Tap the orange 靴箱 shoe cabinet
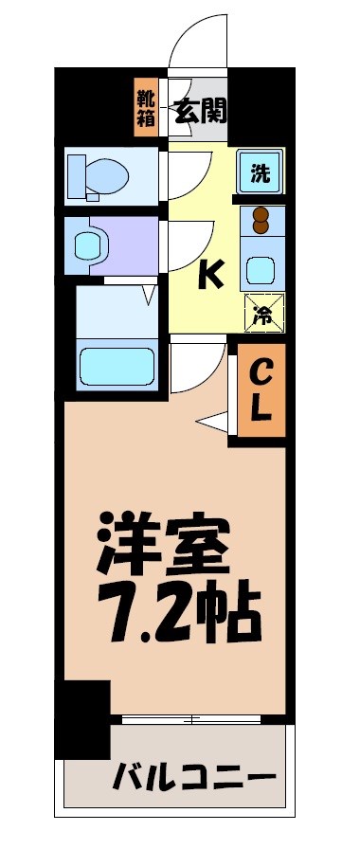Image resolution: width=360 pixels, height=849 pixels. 147,109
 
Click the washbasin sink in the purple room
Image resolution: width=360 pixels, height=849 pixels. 89,245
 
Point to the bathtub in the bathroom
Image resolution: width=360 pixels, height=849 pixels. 116,365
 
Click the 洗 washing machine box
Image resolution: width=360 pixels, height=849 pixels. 259,172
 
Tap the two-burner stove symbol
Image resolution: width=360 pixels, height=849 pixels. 262,220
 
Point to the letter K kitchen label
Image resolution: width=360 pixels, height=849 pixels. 209,275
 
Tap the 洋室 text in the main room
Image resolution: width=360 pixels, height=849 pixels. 163,543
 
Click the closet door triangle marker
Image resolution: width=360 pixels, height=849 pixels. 211,419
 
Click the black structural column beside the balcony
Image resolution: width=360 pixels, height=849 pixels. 82,717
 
